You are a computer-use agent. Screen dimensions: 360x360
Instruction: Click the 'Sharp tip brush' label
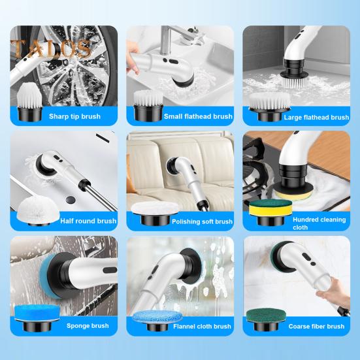pyautogui.click(x=74, y=116)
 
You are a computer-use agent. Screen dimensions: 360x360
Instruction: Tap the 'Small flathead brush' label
pyautogui.click(x=198, y=116)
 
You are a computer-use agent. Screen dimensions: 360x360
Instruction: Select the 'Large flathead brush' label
pyautogui.click(x=316, y=117)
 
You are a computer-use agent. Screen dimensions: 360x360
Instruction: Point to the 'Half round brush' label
pyautogui.click(x=88, y=221)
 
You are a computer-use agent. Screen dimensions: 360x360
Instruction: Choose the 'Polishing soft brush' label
pyautogui.click(x=202, y=221)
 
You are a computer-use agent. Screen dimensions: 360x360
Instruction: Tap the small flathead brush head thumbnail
pyautogui.click(x=146, y=105)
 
